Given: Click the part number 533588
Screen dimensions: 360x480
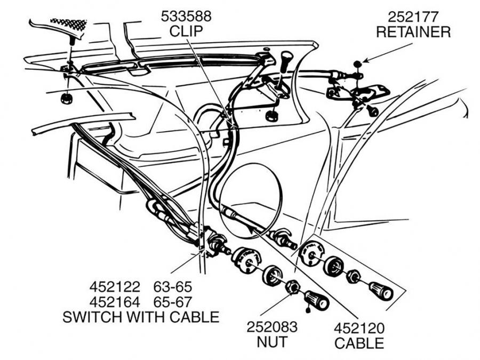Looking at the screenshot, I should pyautogui.click(x=186, y=17).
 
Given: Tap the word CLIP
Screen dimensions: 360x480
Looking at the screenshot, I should pyautogui.click(x=186, y=31).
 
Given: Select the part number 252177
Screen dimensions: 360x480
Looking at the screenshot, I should pyautogui.click(x=413, y=17).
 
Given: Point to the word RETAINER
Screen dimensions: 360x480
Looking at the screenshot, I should pyautogui.click(x=413, y=31).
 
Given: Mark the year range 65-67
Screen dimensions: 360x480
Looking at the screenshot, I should pyautogui.click(x=173, y=302).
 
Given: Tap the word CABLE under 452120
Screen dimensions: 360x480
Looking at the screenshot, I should pyautogui.click(x=359, y=342).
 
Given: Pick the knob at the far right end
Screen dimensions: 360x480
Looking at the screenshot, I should pyautogui.click(x=381, y=291).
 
